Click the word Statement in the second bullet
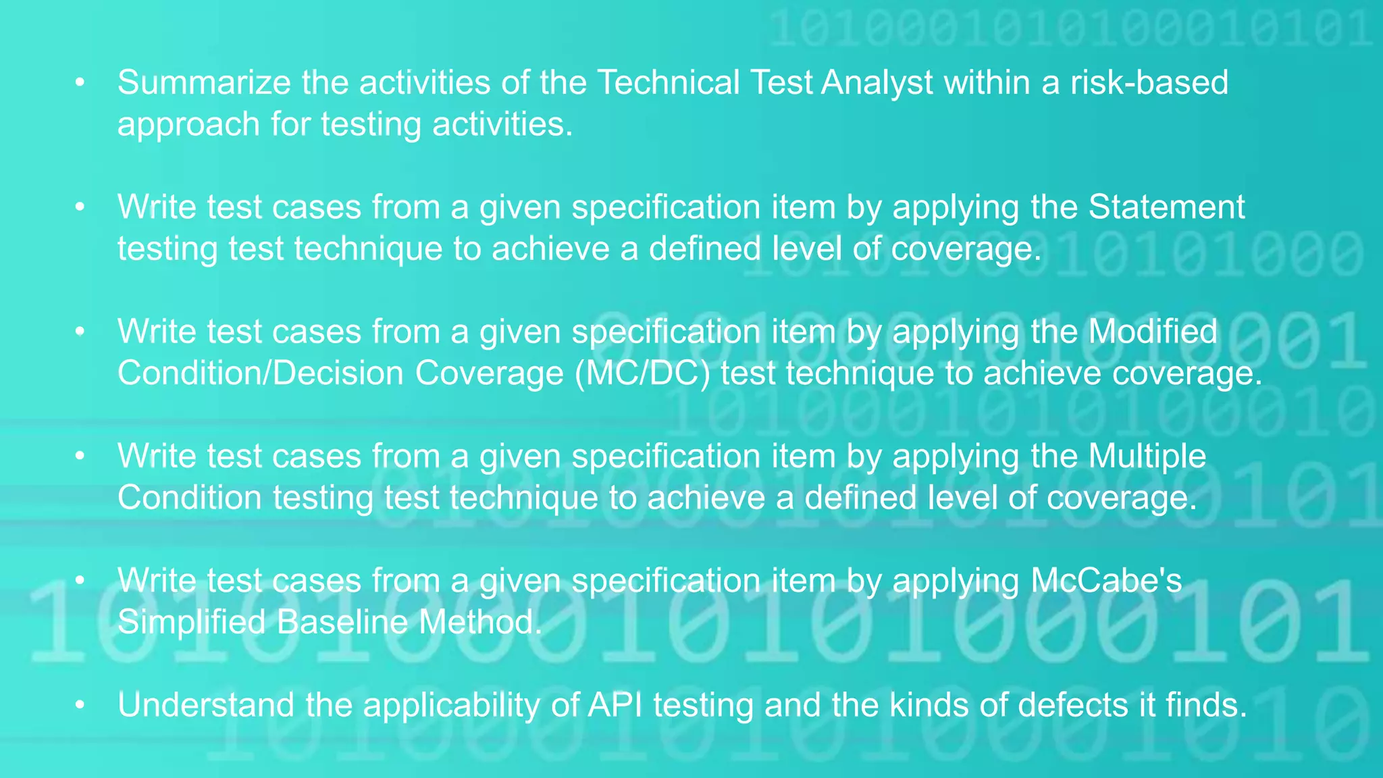coord(1166,207)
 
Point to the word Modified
coord(1153,332)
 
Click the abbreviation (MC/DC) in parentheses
coord(642,373)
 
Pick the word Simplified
coord(191,622)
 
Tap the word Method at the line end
coord(479,622)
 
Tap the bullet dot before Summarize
coord(80,83)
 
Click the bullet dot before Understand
coord(80,705)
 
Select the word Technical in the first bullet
coord(669,83)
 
